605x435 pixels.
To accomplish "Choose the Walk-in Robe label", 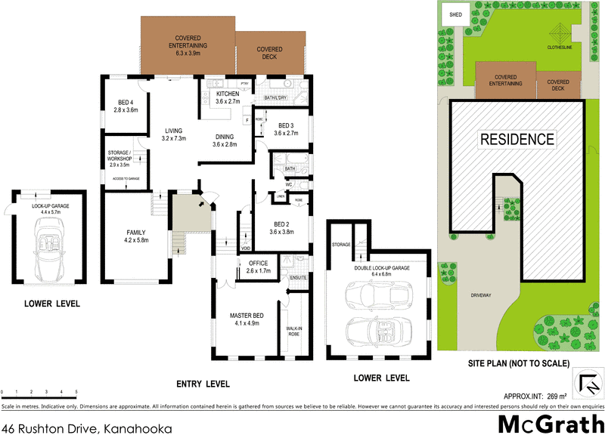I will (294, 331).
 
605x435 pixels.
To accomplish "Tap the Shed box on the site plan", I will (456, 14).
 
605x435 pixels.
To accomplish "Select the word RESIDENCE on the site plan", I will (517, 140).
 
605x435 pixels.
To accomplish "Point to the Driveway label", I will (481, 295).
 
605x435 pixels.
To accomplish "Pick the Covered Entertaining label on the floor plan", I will (187, 42).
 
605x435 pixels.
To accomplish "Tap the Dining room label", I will (225, 140).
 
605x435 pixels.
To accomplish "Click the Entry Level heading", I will (203, 384).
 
